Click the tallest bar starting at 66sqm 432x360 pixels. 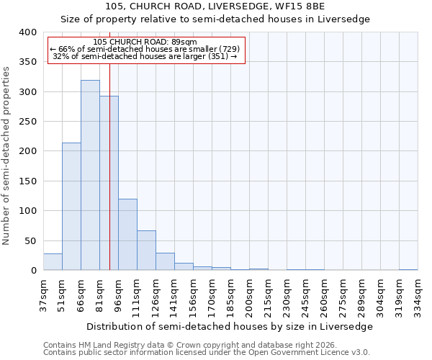(x=90, y=175)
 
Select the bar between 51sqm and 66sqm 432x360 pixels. (x=71, y=207)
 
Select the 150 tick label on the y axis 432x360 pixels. (x=27, y=181)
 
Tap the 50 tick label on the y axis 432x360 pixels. (x=30, y=241)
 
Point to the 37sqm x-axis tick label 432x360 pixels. (x=43, y=294)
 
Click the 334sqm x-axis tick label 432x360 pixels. (x=418, y=294)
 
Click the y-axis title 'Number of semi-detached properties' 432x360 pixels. (x=7, y=156)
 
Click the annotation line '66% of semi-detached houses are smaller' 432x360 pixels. (x=145, y=49)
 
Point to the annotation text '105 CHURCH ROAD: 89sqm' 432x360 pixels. (x=145, y=42)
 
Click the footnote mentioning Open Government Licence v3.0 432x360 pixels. (x=207, y=353)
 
